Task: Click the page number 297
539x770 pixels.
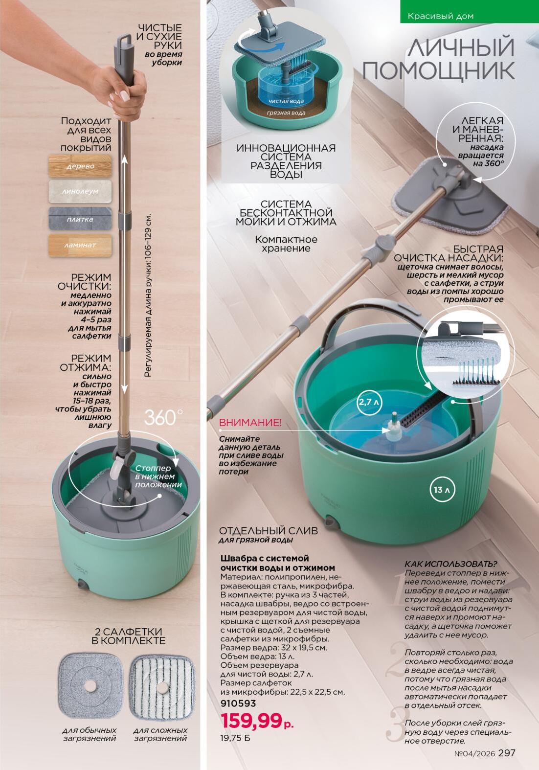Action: tap(507, 753)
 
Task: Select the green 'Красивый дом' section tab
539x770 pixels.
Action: tap(469, 11)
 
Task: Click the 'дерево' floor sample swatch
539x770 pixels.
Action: tap(80, 166)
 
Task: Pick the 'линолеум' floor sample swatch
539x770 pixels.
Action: tap(80, 191)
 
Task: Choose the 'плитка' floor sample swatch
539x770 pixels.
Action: tap(80, 219)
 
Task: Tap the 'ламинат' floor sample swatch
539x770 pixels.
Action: tap(80, 246)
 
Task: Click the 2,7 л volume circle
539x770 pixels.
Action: tap(369, 401)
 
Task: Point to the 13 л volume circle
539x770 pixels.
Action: tap(442, 489)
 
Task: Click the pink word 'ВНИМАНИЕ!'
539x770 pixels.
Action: tap(250, 423)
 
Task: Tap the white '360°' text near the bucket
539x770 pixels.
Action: tap(163, 417)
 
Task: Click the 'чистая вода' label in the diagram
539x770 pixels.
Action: tap(286, 101)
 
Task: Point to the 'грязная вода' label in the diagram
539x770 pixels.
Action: tap(286, 113)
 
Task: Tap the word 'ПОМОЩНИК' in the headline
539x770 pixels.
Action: tap(439, 70)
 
